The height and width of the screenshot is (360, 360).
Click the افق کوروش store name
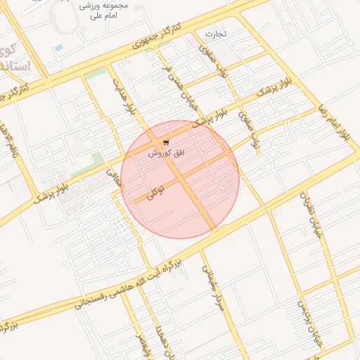coord(165,153)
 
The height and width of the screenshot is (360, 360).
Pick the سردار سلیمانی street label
coord(213,288)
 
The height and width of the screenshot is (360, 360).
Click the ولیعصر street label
coord(143,344)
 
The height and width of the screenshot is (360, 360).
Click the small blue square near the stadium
coord(58,48)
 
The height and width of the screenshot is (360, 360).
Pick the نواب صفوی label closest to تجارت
coord(210,61)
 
